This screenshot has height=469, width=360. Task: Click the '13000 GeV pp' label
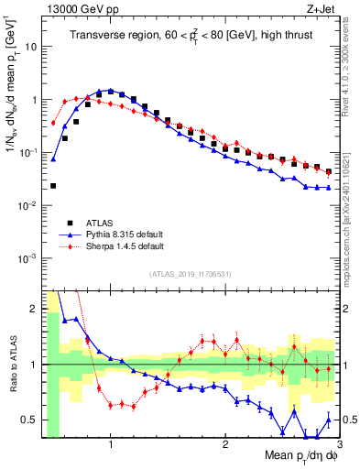tap(72, 8)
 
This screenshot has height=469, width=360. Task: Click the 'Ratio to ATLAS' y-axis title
tap(12, 365)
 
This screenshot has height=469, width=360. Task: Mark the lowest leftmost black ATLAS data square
tap(53, 186)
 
